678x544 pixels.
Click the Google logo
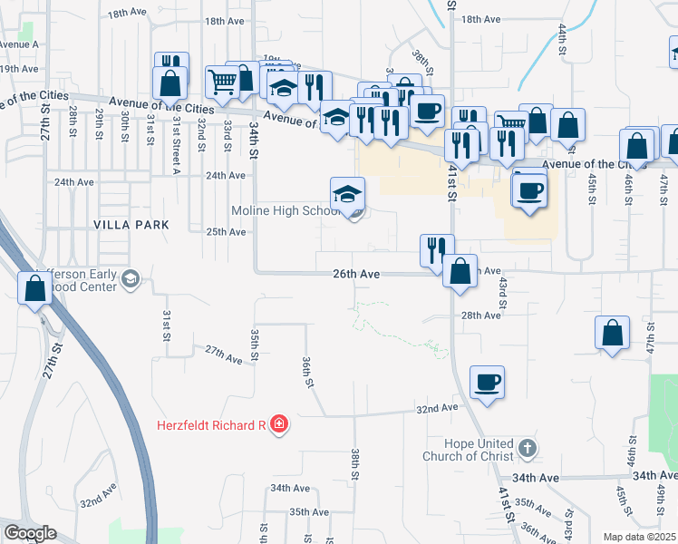[x=31, y=533]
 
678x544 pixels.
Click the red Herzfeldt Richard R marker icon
[x=279, y=424]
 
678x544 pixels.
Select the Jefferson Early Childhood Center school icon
[x=131, y=278]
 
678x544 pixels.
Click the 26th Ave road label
[x=355, y=273]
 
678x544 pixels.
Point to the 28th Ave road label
[x=480, y=316]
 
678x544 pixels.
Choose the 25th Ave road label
[x=226, y=232]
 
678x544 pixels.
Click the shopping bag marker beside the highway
[x=34, y=289]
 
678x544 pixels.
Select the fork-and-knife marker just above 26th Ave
[x=437, y=250]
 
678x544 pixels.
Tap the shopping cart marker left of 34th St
[x=222, y=82]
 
